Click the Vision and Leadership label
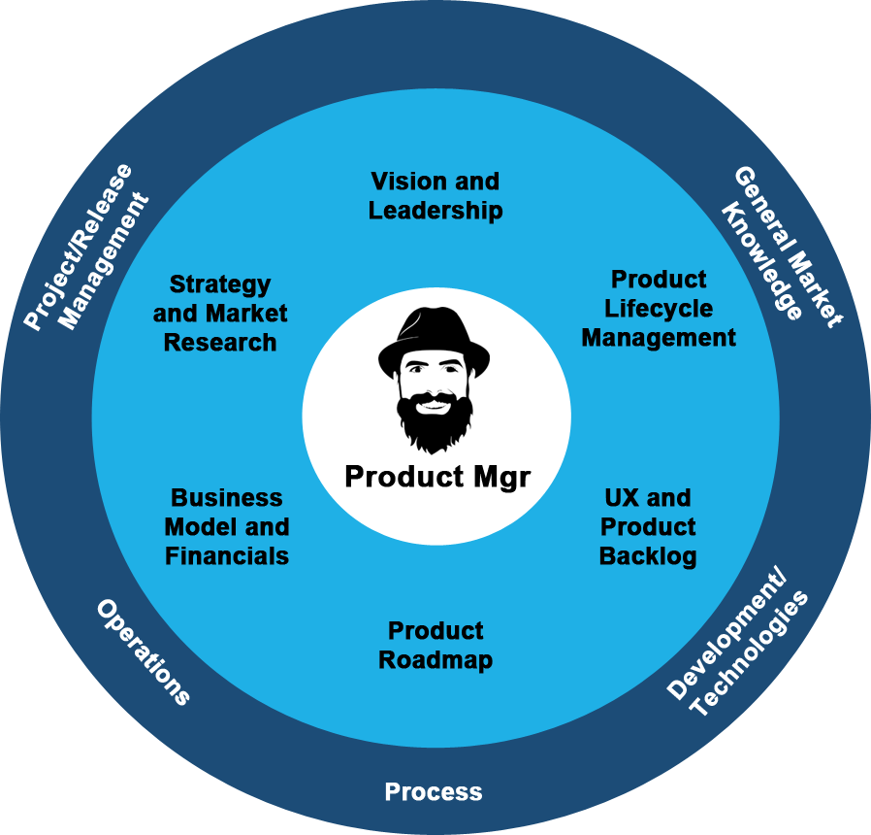point(435,195)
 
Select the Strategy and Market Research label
point(220,314)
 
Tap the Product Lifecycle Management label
point(659,309)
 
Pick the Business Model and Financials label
point(227,527)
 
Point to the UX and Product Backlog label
point(648,527)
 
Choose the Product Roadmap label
point(435,646)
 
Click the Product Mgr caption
point(437,477)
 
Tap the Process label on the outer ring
point(434,792)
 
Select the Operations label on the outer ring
point(144,651)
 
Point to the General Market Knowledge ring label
point(780,250)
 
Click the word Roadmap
point(435,660)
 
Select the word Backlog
point(648,556)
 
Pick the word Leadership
point(435,210)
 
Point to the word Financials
point(227,556)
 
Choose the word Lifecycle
point(659,309)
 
